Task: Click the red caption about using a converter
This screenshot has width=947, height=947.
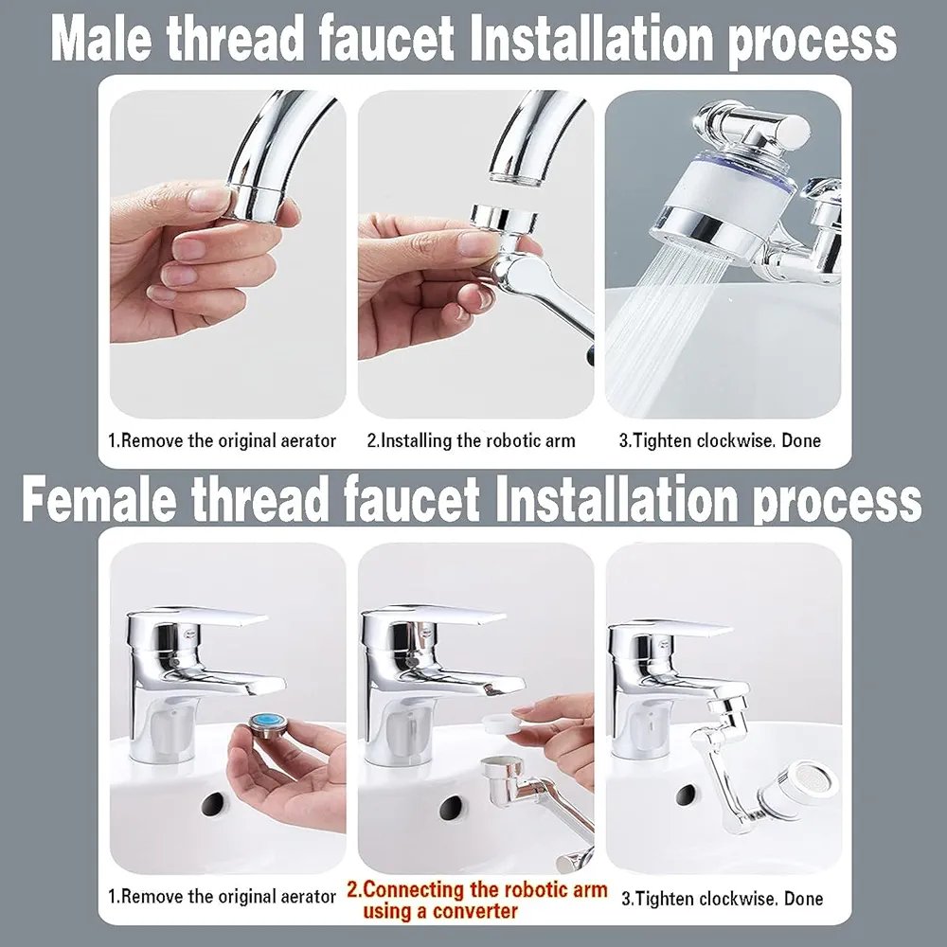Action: coord(476,901)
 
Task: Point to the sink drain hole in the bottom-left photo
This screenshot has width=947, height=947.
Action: coord(214,804)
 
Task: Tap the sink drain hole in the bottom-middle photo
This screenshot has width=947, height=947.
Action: coord(451,808)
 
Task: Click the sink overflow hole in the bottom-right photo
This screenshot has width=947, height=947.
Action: coord(688,795)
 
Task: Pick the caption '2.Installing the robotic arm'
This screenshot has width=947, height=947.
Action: coord(471,440)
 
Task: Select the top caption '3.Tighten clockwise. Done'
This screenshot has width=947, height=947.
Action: coord(720,440)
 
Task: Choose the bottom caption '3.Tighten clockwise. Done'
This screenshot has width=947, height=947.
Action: coord(723,899)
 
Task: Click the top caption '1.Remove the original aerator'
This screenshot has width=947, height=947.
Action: coord(222,440)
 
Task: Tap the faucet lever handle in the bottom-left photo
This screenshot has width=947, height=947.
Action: coord(198,617)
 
